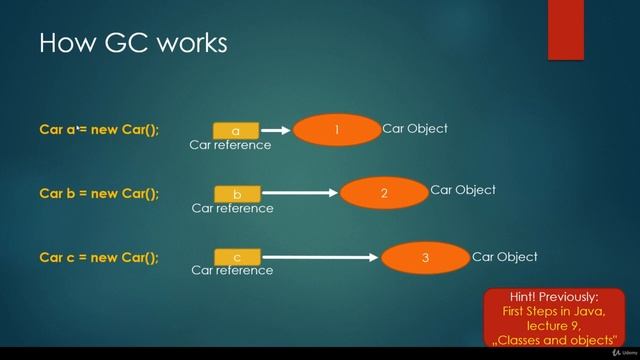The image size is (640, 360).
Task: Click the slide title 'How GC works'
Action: coord(133,43)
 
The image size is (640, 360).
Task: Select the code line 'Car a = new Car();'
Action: coord(99,130)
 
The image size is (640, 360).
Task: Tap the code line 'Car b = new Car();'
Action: coord(99,193)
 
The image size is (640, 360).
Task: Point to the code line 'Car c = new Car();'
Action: coord(99,257)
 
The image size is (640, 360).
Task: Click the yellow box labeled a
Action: coord(236,131)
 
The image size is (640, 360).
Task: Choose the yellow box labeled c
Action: coord(237,257)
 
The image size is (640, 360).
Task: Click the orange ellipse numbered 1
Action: coord(337,130)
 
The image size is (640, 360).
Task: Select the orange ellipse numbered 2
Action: coord(384,193)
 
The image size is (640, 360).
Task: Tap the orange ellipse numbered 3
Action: coord(425,258)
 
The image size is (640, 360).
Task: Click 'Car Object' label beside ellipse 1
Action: coord(415,129)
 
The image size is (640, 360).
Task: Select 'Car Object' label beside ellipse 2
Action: coord(463,190)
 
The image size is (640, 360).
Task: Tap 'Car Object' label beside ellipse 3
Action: coord(505,257)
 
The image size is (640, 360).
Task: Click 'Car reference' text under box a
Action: coord(230,145)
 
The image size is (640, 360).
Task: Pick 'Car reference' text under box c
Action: coord(232,270)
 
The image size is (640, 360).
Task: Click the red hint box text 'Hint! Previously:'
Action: coord(552,297)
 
